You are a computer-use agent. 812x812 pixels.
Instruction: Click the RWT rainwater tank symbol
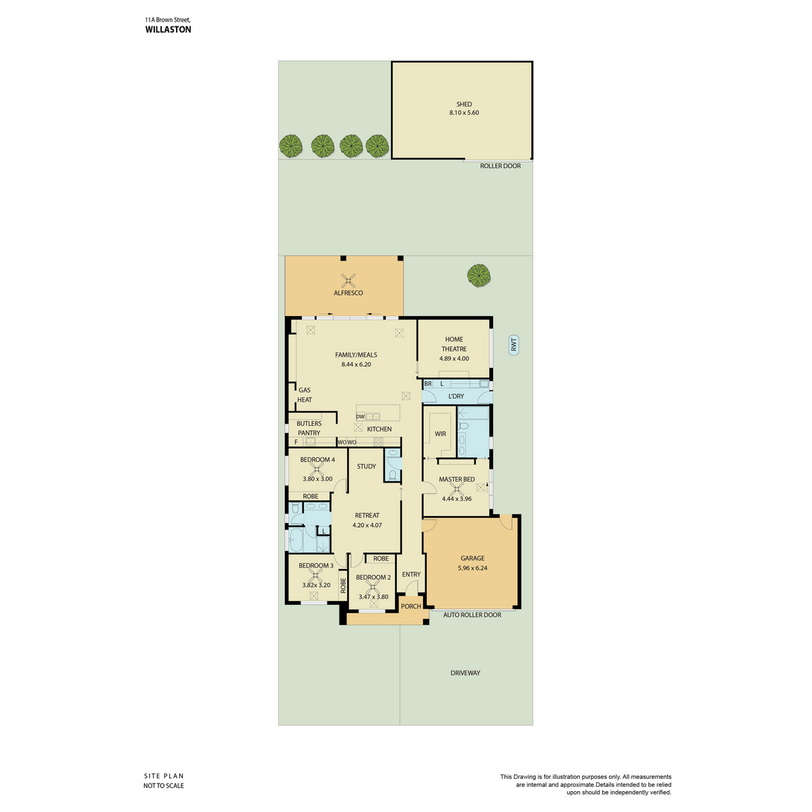[x=513, y=345]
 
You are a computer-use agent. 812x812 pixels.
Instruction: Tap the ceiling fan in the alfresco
[x=348, y=280]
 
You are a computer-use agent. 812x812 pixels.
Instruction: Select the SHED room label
[x=464, y=104]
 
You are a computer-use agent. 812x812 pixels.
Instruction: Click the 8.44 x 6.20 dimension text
[x=356, y=365]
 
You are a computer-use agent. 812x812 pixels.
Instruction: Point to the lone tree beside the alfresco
[x=478, y=275]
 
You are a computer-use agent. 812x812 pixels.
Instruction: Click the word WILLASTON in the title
[x=168, y=30]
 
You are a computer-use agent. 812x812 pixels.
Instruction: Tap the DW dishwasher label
[x=360, y=417]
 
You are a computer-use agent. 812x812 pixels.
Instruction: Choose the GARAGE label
[x=472, y=558]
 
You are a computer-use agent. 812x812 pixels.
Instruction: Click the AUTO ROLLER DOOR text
[x=472, y=615]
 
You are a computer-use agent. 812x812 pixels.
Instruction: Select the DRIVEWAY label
[x=465, y=673]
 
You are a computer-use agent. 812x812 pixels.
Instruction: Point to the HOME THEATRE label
[x=454, y=344]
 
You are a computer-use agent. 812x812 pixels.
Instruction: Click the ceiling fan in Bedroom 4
[x=317, y=470]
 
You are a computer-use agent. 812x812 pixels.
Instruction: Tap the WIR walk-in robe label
[x=441, y=434]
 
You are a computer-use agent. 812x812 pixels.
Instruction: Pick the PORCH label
[x=411, y=606]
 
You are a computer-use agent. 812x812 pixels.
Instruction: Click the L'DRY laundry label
[x=456, y=396]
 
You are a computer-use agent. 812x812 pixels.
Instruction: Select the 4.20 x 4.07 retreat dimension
[x=367, y=525]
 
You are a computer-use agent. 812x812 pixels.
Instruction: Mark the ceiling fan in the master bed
[x=456, y=489]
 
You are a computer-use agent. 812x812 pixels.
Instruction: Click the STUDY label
[x=366, y=466]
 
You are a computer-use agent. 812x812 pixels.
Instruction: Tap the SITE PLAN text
[x=164, y=775]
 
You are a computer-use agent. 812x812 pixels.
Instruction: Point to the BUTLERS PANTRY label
[x=309, y=428]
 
